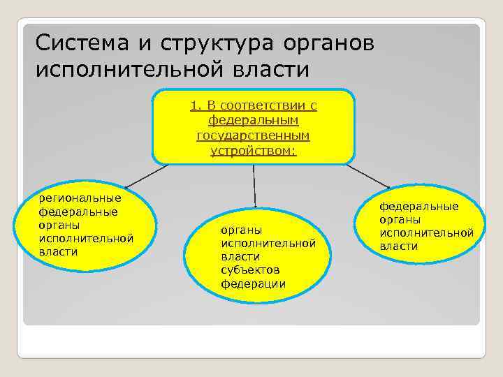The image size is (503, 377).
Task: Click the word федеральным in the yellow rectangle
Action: click(253, 120)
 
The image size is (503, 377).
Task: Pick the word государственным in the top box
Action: click(253, 135)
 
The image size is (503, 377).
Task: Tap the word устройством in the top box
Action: click(251, 150)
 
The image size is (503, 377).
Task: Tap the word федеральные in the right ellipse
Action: click(419, 206)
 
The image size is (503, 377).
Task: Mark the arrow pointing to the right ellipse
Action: click(368, 176)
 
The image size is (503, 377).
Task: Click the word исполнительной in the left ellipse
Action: click(86, 239)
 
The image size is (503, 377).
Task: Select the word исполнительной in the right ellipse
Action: click(426, 232)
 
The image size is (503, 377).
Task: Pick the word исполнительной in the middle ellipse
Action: click(268, 242)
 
